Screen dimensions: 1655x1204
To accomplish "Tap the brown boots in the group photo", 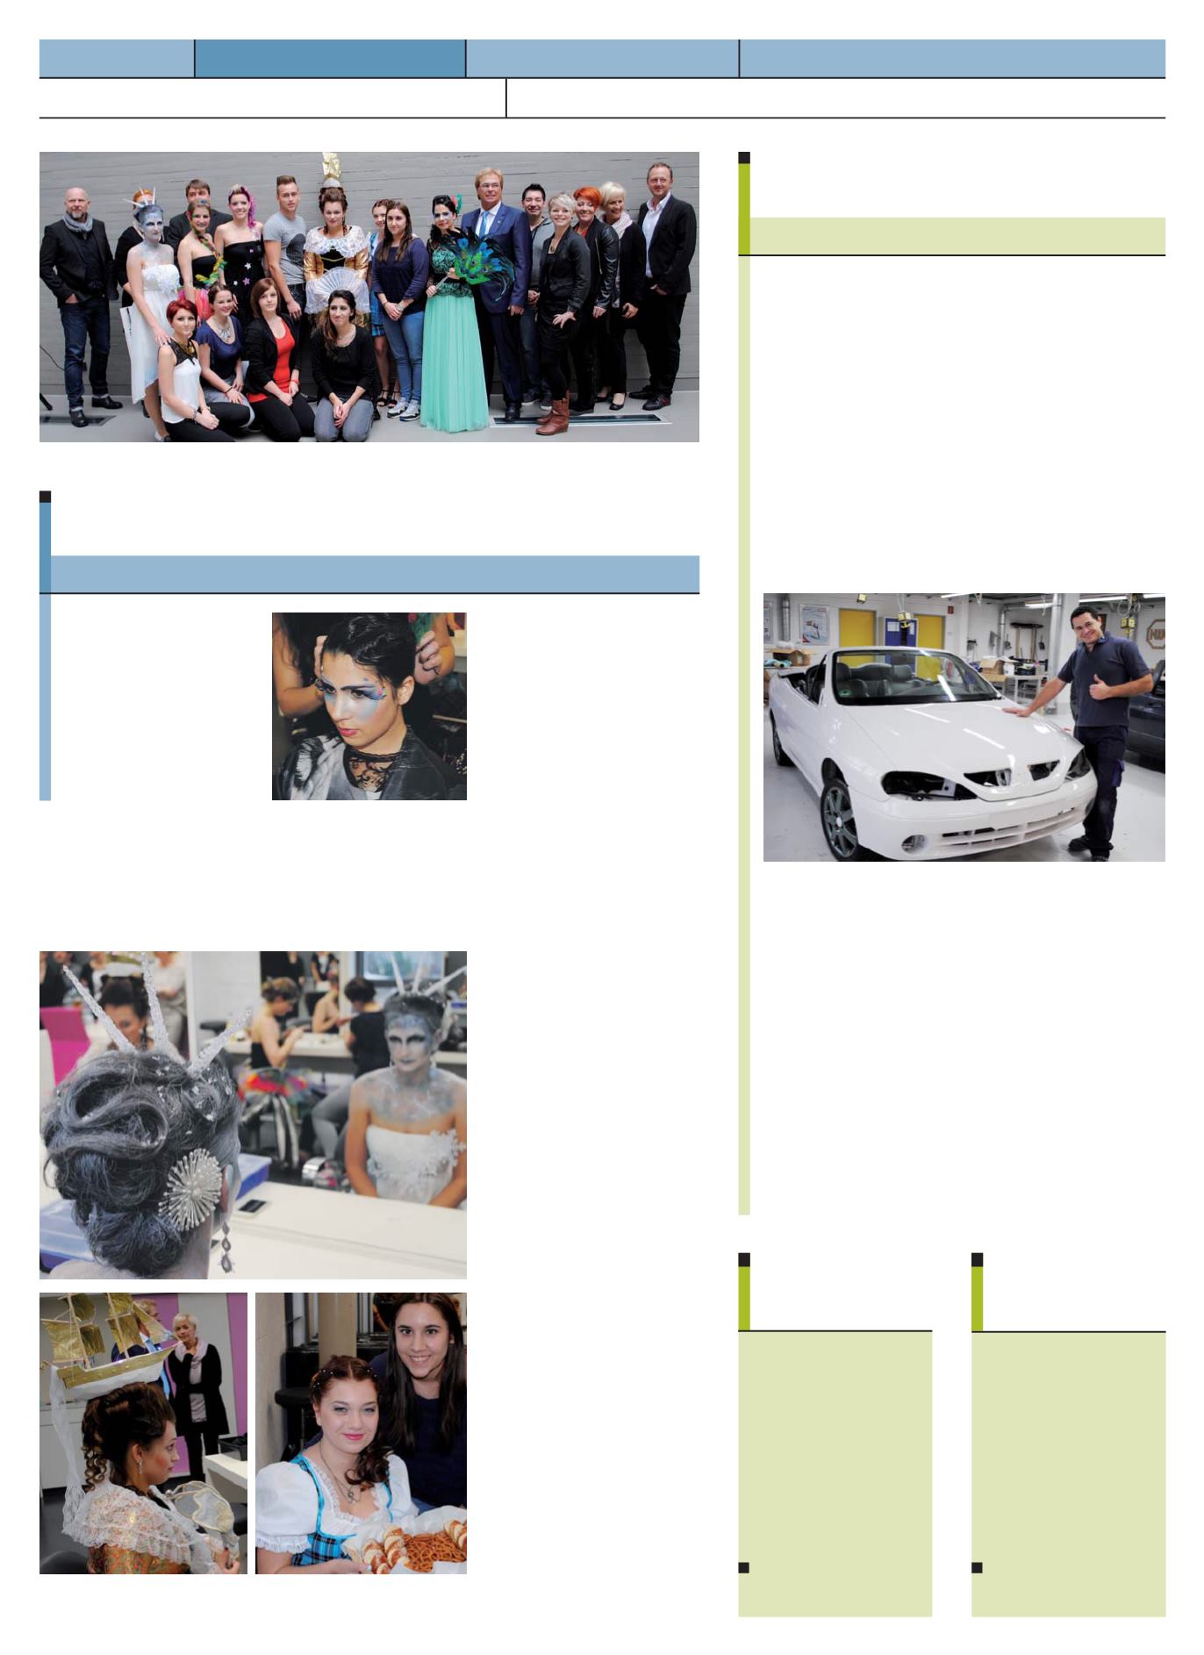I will (x=555, y=416).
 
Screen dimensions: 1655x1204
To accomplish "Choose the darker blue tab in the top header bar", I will (x=330, y=58).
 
